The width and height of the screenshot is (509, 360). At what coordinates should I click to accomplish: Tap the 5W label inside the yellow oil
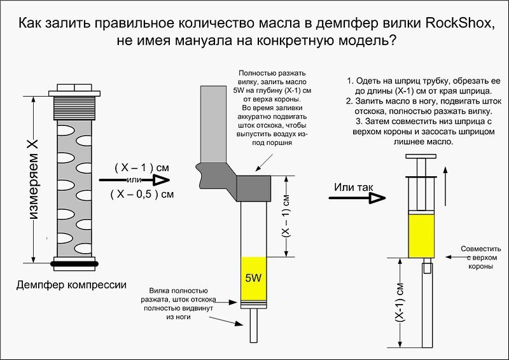coord(253,278)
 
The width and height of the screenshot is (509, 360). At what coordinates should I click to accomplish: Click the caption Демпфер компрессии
coord(71,285)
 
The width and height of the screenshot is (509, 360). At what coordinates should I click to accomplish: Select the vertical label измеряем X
coord(34,179)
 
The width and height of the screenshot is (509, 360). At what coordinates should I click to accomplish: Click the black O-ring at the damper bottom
coord(74,264)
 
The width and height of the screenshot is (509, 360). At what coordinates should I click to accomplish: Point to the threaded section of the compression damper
coord(74,108)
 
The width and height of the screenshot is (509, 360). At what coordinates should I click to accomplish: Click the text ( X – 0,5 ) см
coord(142,194)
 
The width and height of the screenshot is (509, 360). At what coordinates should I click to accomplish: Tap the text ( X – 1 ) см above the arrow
coord(142,168)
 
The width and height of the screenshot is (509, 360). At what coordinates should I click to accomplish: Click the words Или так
coord(354,187)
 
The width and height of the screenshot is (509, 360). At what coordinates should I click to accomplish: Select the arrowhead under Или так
coord(377,198)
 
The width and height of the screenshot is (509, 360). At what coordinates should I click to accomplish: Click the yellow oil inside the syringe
coord(421,236)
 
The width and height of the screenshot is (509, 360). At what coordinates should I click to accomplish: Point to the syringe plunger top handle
coord(421,156)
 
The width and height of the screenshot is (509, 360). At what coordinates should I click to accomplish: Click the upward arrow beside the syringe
coord(445,186)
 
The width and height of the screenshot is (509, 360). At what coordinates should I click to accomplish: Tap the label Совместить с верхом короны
coord(481,258)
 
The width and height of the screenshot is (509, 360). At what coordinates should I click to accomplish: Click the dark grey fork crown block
coord(253,189)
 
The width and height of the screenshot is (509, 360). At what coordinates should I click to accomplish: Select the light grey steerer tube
coord(213,124)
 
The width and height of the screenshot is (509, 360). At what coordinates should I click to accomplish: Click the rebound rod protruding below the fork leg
coord(253,325)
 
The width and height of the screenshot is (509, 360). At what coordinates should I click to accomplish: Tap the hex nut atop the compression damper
coord(74,87)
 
